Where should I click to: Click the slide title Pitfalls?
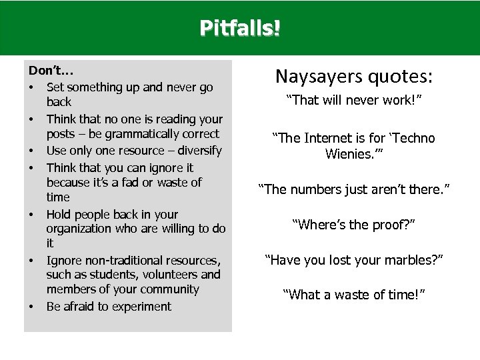(240, 29)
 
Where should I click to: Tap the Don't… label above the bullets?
(47, 70)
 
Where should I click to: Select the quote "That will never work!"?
(354, 101)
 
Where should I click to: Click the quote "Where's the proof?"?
(354, 225)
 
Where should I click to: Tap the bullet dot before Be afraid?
(32, 307)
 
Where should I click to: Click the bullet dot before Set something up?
(32, 87)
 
